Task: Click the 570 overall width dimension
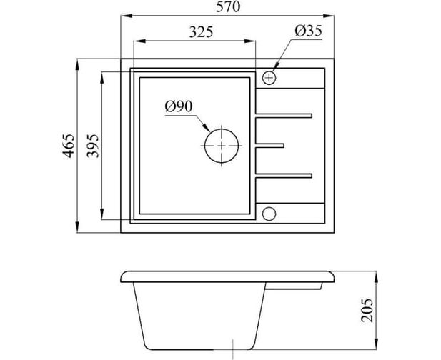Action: click(x=228, y=7)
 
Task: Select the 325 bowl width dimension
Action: click(x=201, y=32)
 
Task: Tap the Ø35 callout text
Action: click(x=308, y=31)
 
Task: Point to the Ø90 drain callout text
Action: click(x=179, y=107)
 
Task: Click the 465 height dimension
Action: click(x=69, y=146)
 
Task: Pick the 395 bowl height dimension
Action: click(x=93, y=146)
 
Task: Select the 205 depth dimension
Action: click(x=367, y=310)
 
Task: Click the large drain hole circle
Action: click(x=222, y=129)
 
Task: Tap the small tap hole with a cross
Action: click(x=269, y=77)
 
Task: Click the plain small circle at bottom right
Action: click(x=269, y=214)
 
